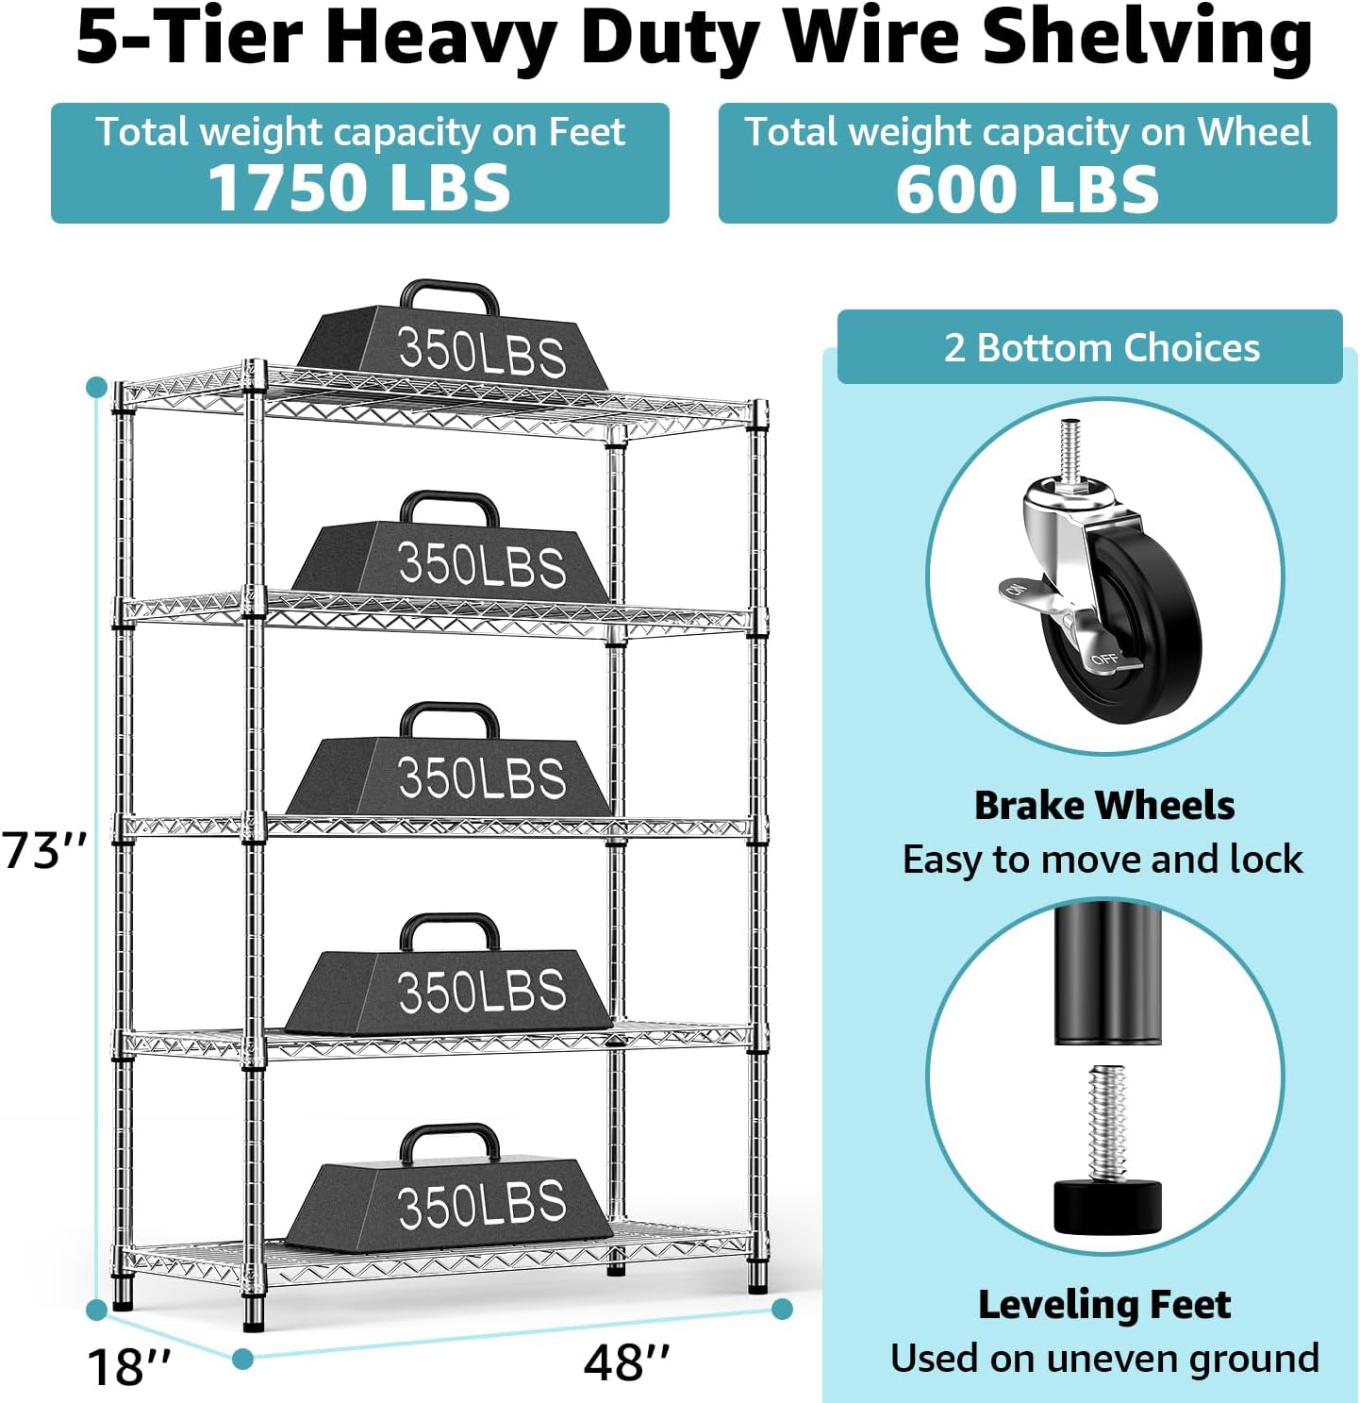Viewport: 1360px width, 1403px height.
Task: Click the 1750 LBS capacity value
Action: [x=359, y=187]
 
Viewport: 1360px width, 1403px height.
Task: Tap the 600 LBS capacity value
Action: [x=1027, y=189]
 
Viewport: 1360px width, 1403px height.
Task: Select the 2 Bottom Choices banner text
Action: [x=1102, y=348]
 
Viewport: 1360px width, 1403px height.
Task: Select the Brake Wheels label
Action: [x=1103, y=806]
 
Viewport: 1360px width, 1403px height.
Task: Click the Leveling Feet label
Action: [x=1103, y=1305]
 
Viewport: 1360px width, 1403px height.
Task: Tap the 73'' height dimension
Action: [x=44, y=850]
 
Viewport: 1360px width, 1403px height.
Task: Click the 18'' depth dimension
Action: [x=129, y=1366]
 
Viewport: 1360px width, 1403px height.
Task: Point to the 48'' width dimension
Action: [x=626, y=1362]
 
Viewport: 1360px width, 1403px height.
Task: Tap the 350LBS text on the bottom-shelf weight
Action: [x=481, y=1205]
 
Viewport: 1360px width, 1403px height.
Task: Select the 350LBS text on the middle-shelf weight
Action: [x=481, y=777]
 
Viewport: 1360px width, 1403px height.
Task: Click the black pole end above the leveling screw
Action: [x=1107, y=972]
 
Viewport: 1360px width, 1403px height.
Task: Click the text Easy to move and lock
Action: [x=1102, y=860]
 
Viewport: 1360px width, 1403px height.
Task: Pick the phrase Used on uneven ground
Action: [x=1103, y=1359]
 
